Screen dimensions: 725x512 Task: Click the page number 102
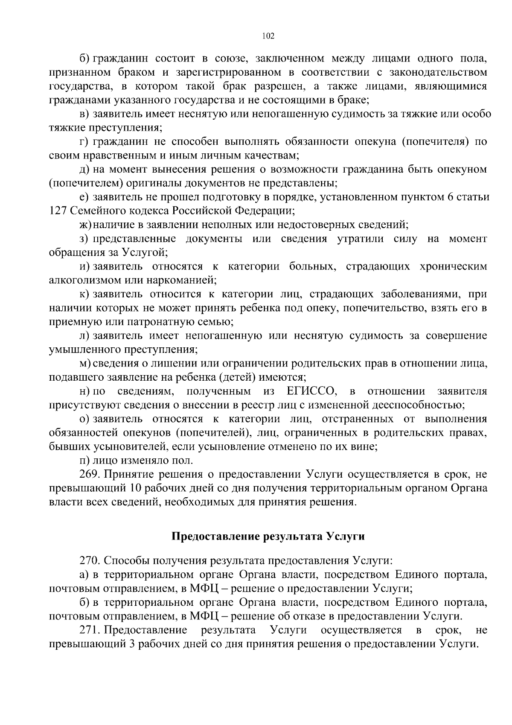(268, 36)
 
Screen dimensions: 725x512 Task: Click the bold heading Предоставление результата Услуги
(268, 537)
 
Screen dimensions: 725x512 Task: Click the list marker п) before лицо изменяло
(84, 461)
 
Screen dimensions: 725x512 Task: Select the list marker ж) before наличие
(85, 225)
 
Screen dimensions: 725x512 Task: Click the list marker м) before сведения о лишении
(84, 364)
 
